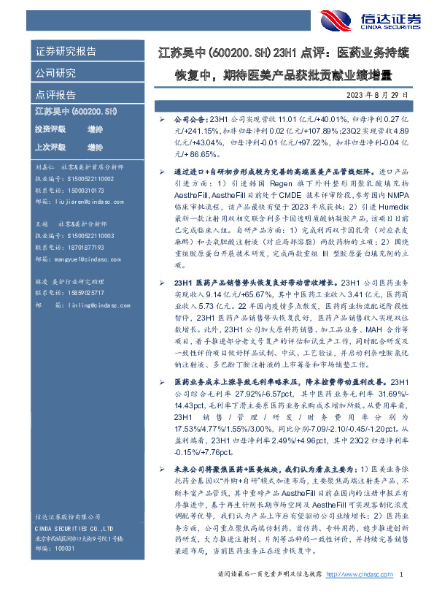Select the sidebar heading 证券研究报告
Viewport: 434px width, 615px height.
tap(65, 52)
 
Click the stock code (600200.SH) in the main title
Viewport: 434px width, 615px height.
tap(229, 53)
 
